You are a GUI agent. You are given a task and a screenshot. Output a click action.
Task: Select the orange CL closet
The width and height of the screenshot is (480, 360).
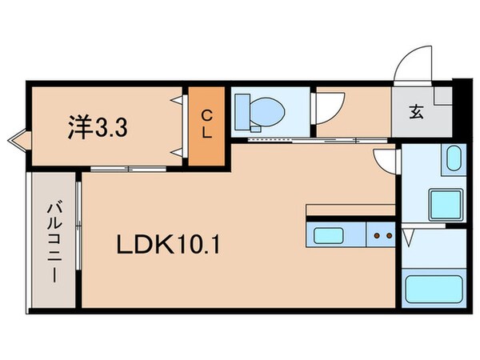click(x=206, y=126)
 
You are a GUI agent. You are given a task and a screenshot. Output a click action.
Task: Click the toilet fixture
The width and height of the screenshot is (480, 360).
click(x=260, y=110)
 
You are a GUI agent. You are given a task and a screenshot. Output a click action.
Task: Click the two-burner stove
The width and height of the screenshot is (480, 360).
click(x=380, y=235)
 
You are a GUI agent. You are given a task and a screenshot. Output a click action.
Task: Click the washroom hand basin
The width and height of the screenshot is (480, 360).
click(x=452, y=160)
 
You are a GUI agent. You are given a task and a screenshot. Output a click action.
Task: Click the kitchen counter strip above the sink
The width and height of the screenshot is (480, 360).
click(x=350, y=210)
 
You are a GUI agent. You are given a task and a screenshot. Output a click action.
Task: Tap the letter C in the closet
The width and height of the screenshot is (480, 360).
click(x=206, y=114)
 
